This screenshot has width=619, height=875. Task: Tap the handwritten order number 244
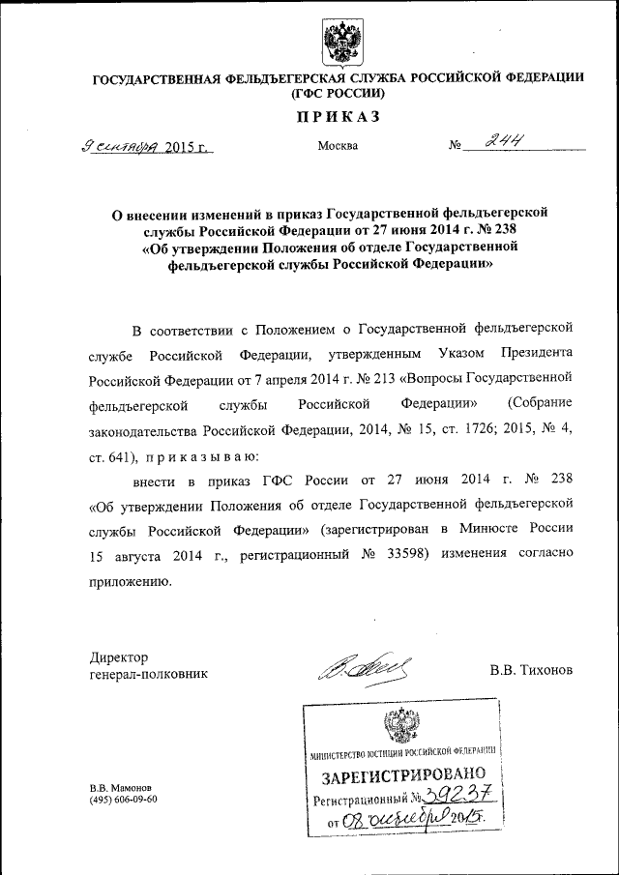tap(507, 142)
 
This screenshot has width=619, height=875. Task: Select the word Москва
tap(338, 146)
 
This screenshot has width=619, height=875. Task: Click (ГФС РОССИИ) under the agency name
tap(337, 94)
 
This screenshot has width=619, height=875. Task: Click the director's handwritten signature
tap(367, 666)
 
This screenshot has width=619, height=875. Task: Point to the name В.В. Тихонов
tap(530, 670)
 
